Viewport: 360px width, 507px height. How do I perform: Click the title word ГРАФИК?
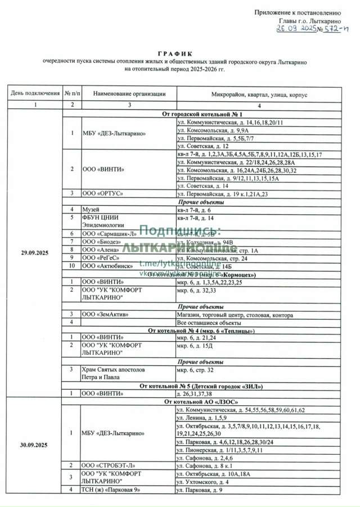tap(180, 53)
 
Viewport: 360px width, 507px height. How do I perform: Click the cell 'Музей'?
tap(89, 209)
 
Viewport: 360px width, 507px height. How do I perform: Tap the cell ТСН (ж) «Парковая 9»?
tap(111, 490)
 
